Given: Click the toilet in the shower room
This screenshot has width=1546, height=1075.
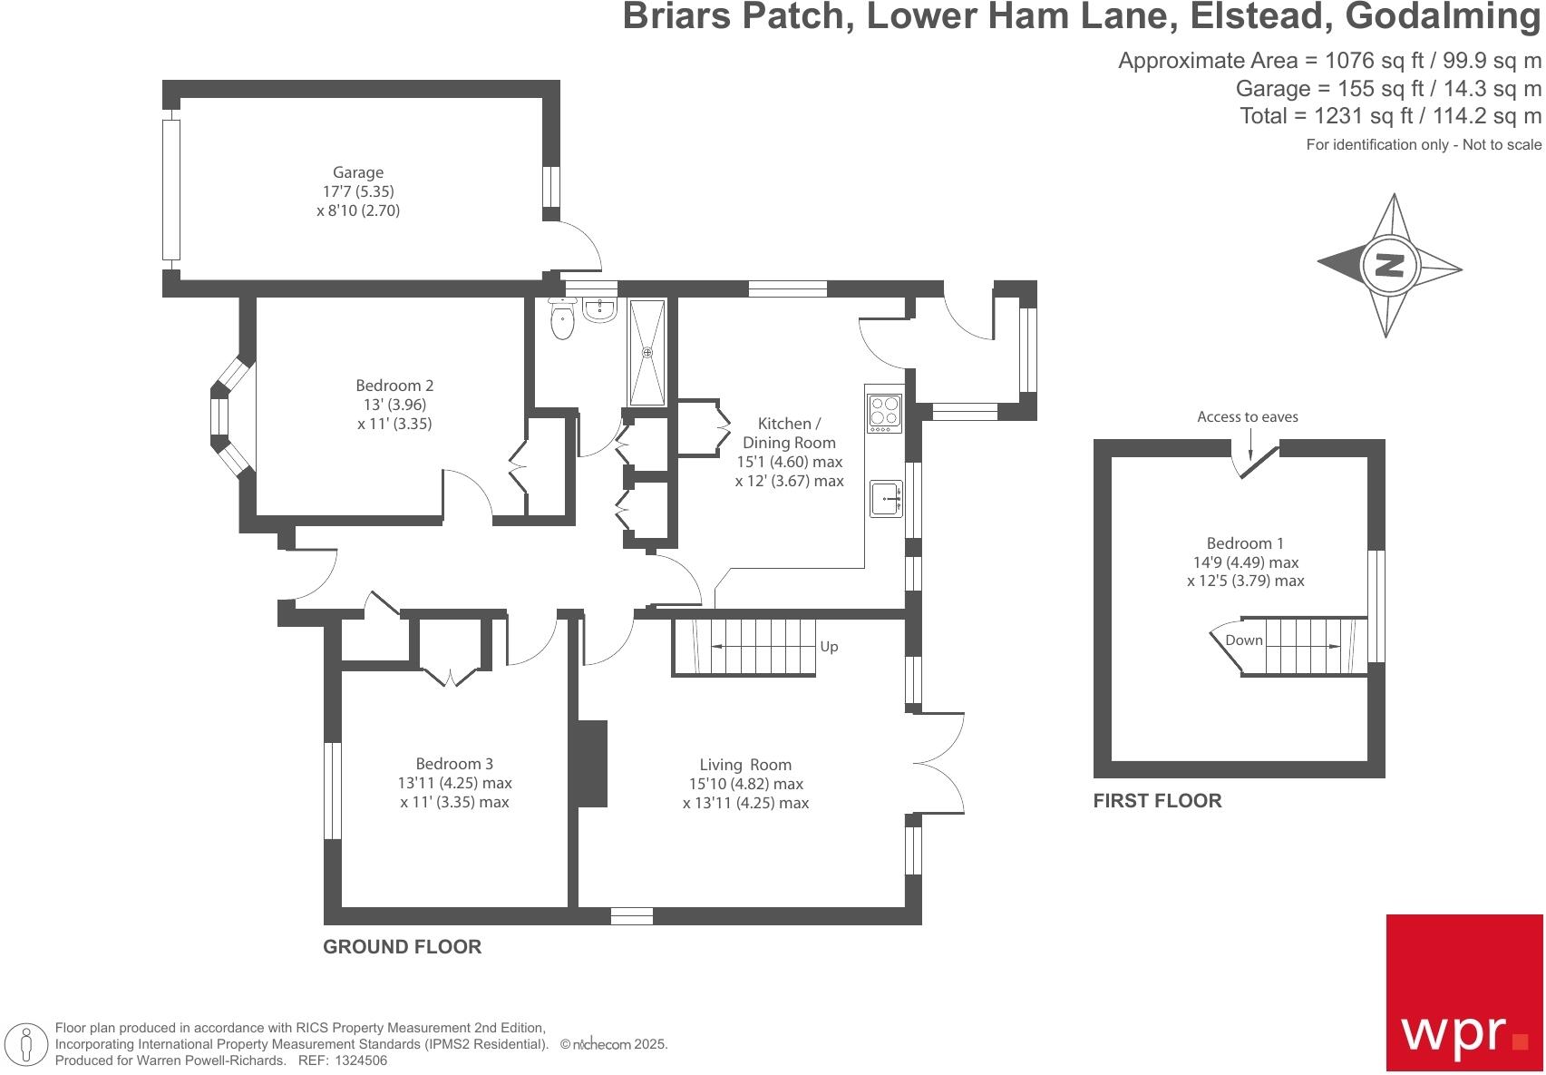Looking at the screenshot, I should (x=562, y=320).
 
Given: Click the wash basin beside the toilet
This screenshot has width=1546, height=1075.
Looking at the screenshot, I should (x=599, y=310).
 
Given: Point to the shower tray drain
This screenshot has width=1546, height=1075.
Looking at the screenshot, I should (x=647, y=352).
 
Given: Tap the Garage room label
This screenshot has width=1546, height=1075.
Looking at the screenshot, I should (x=358, y=172).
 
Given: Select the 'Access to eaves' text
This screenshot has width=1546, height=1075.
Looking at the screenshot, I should (x=1247, y=417).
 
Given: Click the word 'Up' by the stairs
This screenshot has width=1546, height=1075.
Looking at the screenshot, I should (x=829, y=647).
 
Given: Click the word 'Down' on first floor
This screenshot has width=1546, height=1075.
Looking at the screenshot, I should (x=1243, y=640).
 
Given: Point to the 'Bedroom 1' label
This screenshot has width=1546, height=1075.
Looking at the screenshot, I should (x=1245, y=543).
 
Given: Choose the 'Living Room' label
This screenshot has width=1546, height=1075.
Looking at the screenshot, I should (x=745, y=765).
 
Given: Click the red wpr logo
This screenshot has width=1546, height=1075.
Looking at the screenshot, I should (x=1463, y=992).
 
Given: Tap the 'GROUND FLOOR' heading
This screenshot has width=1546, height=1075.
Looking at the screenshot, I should (x=402, y=947).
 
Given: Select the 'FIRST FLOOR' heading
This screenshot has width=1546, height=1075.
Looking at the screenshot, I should (x=1157, y=801).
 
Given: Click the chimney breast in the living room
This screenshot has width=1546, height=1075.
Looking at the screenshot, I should (x=593, y=763).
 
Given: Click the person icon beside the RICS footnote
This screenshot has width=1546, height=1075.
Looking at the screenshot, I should (x=28, y=1043).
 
